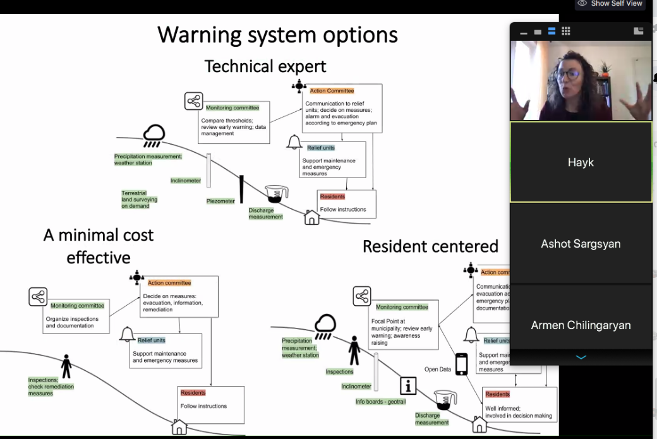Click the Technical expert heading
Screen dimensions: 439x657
[265, 66]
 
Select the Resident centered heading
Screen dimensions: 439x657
[430, 246]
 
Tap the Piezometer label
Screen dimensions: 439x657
[220, 201]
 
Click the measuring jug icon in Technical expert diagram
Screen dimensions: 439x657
[276, 195]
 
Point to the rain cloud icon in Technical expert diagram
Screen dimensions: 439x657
[154, 135]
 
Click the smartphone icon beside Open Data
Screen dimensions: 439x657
[462, 364]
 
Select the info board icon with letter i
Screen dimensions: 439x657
[409, 385]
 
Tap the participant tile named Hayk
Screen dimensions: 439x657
[581, 162]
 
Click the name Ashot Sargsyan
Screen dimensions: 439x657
[581, 244]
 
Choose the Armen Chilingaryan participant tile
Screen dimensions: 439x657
[581, 325]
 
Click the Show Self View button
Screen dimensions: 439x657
[610, 4]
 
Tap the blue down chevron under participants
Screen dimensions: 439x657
[581, 358]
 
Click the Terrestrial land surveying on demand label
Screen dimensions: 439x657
[139, 200]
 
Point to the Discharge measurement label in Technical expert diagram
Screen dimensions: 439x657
[265, 213]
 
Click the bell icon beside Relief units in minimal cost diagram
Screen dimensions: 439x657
[128, 333]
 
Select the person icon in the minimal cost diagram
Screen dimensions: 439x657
[66, 366]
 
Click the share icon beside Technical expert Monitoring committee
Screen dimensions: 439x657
[193, 101]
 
